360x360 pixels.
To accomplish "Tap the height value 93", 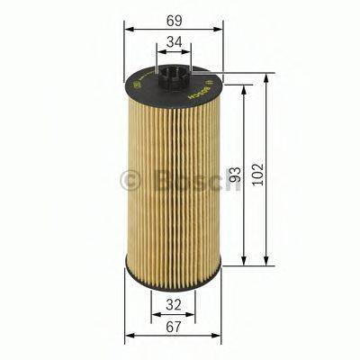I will coord(236,174).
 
